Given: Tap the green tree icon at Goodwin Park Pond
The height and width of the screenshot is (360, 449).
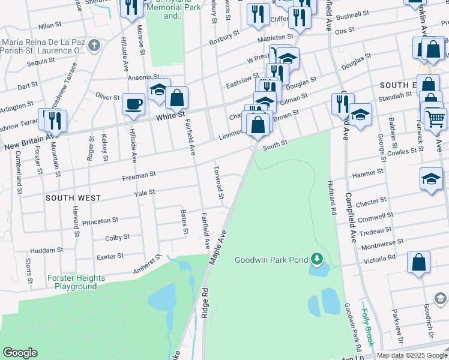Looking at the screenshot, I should pos(317,260).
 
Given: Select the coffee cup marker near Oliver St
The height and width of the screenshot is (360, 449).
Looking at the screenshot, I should pos(134,104).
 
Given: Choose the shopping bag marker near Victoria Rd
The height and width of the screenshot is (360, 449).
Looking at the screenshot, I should pos(418,262).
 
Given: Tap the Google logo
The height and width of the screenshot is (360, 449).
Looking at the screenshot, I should pos(20,353).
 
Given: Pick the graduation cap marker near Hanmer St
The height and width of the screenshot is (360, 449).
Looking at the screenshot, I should pos(430,178).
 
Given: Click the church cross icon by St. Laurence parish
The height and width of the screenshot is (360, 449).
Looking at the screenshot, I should pos(94,45).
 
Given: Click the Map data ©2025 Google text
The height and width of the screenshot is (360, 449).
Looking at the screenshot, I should pos(412,355).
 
